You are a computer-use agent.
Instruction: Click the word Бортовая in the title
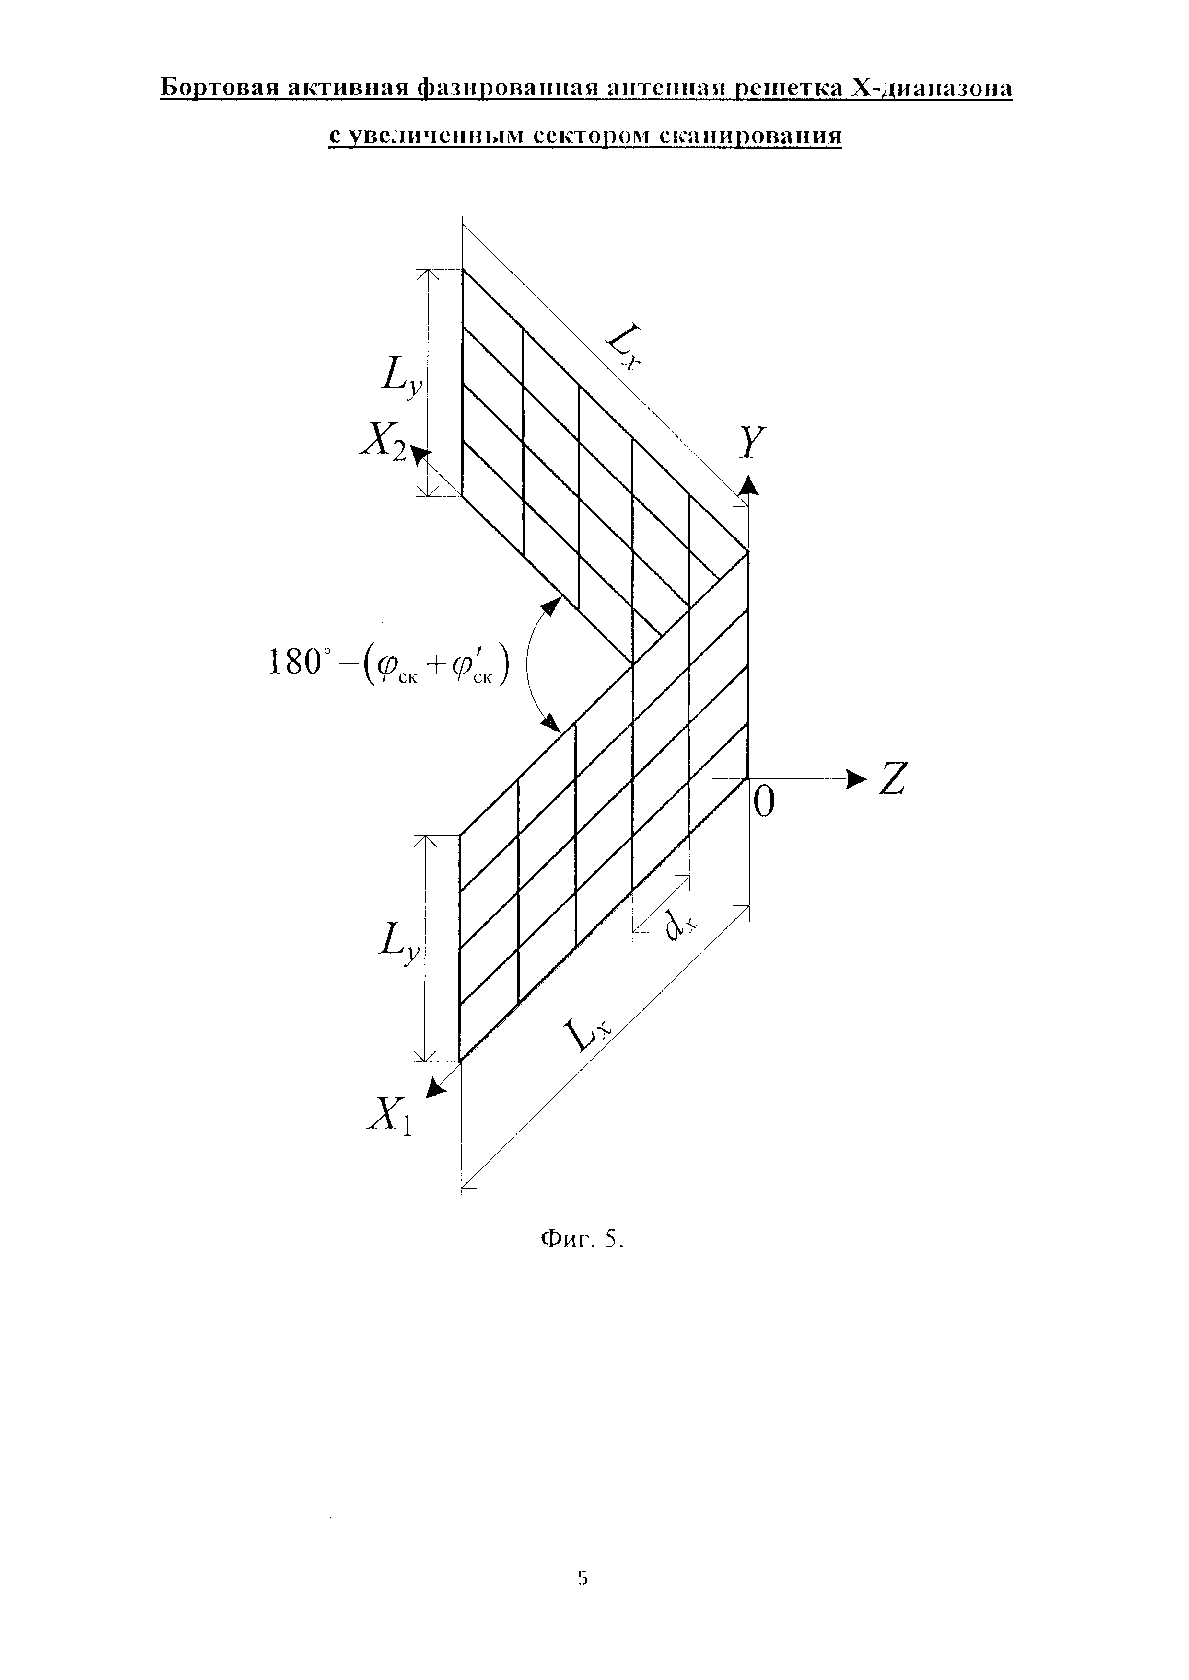(x=220, y=89)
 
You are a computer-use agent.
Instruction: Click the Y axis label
(x=750, y=443)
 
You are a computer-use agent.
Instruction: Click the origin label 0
(x=764, y=803)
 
